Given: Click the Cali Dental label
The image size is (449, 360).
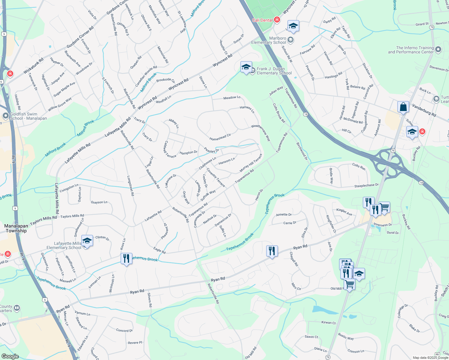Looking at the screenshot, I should tap(262, 20).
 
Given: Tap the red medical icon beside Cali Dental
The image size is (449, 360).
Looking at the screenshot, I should tap(277, 20).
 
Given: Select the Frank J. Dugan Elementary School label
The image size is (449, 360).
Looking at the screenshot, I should tap(274, 71).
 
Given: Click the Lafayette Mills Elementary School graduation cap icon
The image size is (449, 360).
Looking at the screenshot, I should tap(87, 241).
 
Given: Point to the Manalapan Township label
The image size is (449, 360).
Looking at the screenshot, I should tap(16, 228).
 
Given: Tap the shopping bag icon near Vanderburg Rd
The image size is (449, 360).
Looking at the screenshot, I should tap(403, 107).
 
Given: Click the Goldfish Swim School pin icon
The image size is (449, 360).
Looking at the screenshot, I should tap(5, 116).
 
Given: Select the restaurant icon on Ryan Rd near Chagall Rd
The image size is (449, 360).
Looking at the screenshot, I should tap(272, 251).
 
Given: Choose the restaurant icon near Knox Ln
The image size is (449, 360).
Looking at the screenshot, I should tap(126, 258).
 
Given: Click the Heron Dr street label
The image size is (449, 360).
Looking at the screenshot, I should tap(259, 195).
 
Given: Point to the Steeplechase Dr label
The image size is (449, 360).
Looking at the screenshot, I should tap(366, 186).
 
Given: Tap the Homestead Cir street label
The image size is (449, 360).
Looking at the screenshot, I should tap(220, 137).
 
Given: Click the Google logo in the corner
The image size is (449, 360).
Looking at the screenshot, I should tap(10, 356).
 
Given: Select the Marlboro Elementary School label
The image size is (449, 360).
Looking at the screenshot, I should tap(269, 40).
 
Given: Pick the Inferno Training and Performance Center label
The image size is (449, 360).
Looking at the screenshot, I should tap(411, 50).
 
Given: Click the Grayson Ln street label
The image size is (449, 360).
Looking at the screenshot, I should tap(99, 202).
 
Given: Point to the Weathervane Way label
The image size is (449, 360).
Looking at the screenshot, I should tap(261, 133).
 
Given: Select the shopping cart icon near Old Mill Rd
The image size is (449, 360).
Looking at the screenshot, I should tap(349, 284).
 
